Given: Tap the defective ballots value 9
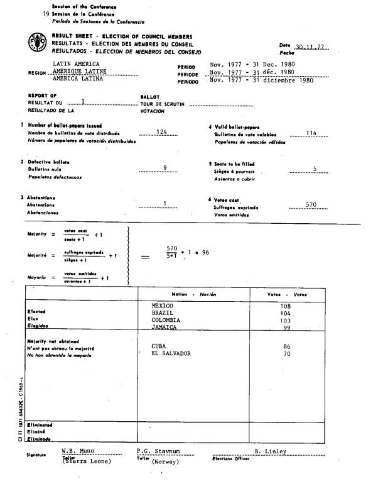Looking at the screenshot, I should (x=165, y=167).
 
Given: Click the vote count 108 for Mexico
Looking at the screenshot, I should (x=285, y=306).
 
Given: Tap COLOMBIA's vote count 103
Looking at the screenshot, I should (x=285, y=320).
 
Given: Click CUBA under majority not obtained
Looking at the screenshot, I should (x=160, y=346).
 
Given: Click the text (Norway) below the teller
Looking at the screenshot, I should (x=165, y=462).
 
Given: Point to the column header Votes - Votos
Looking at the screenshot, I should (x=287, y=294).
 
